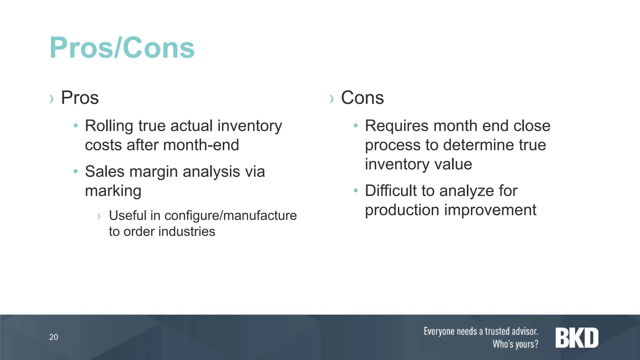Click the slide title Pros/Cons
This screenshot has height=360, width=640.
[x=122, y=48]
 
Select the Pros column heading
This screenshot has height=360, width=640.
[x=80, y=97]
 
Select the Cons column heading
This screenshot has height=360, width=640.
[x=362, y=97]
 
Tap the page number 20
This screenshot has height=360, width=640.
[x=53, y=337]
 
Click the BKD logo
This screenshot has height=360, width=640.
[x=577, y=338]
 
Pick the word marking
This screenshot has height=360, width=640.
[x=113, y=191]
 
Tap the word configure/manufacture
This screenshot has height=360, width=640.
[x=231, y=215]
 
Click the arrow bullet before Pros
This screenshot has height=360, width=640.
[x=52, y=99]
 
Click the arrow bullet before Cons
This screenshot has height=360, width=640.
[x=332, y=99]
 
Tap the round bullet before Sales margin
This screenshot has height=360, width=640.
[x=75, y=171]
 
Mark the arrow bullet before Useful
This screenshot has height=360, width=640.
[x=99, y=216]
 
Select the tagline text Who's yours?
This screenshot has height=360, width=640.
[x=515, y=344]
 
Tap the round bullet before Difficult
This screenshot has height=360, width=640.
[x=355, y=190]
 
